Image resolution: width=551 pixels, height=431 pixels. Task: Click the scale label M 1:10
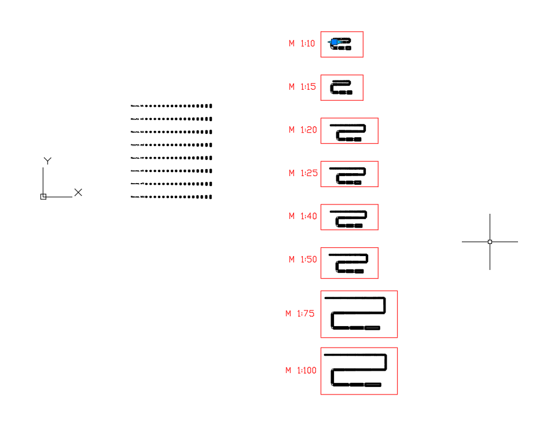click(302, 43)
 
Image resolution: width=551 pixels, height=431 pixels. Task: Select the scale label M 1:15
click(303, 87)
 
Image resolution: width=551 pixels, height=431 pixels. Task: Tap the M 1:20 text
click(303, 130)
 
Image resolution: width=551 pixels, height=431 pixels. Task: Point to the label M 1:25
click(303, 173)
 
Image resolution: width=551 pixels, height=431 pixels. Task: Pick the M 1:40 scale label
click(303, 216)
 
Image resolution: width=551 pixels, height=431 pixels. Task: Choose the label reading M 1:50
click(303, 260)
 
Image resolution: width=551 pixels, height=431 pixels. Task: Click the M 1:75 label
click(300, 313)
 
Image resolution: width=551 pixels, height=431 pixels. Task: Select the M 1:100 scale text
click(301, 370)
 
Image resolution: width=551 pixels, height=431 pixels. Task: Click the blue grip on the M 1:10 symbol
click(333, 42)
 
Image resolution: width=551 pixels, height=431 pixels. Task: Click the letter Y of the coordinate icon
click(47, 160)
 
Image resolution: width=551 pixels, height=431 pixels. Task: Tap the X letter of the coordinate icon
click(78, 192)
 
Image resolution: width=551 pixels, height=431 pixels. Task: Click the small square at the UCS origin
click(43, 197)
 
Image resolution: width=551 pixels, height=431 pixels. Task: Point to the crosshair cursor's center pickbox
click(490, 242)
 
